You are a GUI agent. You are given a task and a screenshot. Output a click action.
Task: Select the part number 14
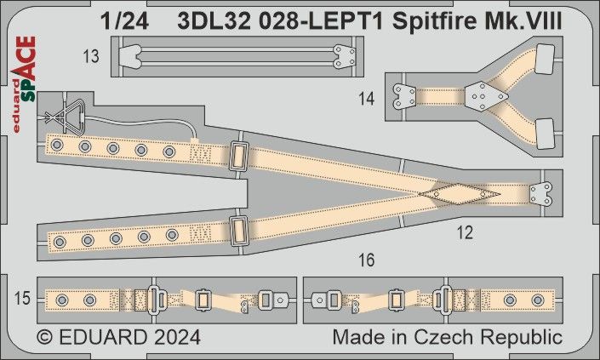click(x=367, y=99)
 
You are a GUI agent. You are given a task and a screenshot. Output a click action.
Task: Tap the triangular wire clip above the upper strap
click(x=71, y=115)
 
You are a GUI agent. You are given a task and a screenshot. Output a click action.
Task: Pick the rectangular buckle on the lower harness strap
click(x=238, y=229)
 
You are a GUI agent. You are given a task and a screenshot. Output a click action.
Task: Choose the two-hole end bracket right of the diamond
click(x=540, y=192)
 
